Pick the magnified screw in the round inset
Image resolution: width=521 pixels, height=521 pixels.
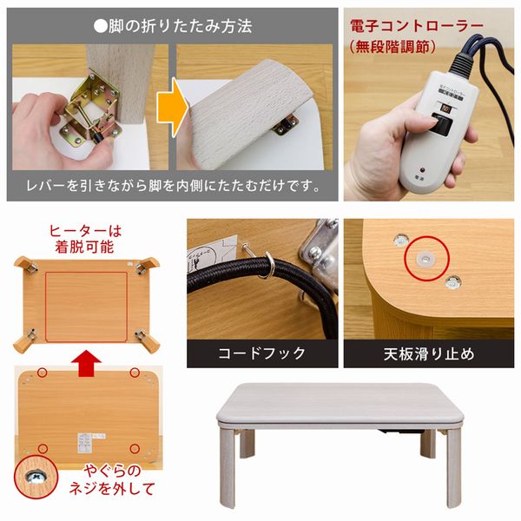point(35,478)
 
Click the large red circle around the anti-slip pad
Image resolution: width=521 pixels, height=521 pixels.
point(423,257)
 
